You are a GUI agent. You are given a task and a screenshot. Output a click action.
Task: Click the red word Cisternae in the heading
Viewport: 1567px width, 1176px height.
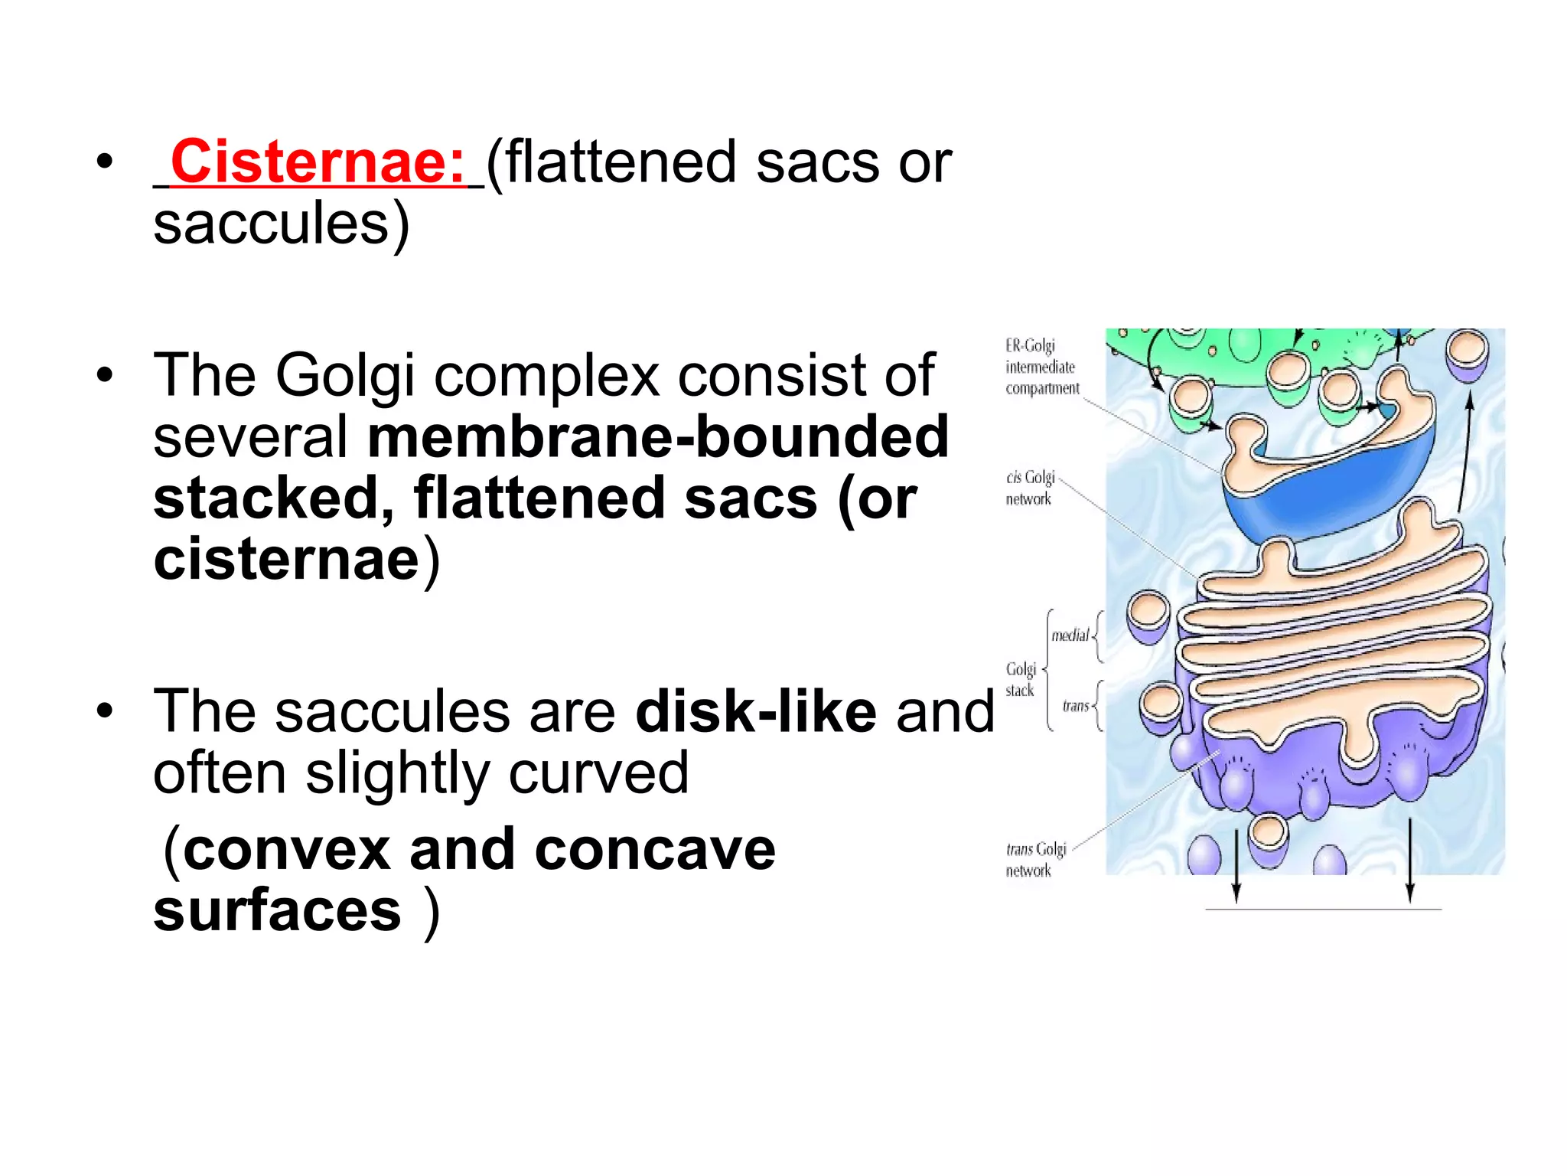[318, 162]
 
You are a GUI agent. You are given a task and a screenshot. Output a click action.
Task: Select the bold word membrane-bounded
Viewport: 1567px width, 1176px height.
[658, 436]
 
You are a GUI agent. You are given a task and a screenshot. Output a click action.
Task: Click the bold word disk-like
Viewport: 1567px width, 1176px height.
[756, 711]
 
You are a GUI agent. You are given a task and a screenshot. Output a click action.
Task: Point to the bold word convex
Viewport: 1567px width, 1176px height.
[287, 849]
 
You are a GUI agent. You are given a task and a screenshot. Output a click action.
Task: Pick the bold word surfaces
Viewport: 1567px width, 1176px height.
[277, 910]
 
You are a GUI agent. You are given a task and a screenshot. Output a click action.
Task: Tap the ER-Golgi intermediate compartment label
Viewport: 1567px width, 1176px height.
[1041, 367]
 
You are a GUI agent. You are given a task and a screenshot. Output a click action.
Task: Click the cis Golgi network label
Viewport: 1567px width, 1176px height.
[1030, 488]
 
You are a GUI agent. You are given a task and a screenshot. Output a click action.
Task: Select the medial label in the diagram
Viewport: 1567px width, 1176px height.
[1070, 635]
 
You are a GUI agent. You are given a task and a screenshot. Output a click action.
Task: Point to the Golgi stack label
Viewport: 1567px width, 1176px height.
[1021, 679]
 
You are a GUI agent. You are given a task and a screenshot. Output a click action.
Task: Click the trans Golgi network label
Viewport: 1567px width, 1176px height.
[1035, 859]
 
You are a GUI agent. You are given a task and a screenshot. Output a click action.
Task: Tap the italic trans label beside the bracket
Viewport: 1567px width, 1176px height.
[1075, 705]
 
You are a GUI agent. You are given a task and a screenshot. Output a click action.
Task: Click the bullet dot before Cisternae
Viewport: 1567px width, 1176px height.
[105, 162]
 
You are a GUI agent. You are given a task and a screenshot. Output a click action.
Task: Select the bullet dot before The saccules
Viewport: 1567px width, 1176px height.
[105, 711]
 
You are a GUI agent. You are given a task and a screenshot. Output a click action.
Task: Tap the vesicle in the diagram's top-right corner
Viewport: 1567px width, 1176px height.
[1467, 353]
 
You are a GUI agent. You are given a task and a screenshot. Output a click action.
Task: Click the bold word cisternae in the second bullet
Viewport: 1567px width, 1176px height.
[286, 560]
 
